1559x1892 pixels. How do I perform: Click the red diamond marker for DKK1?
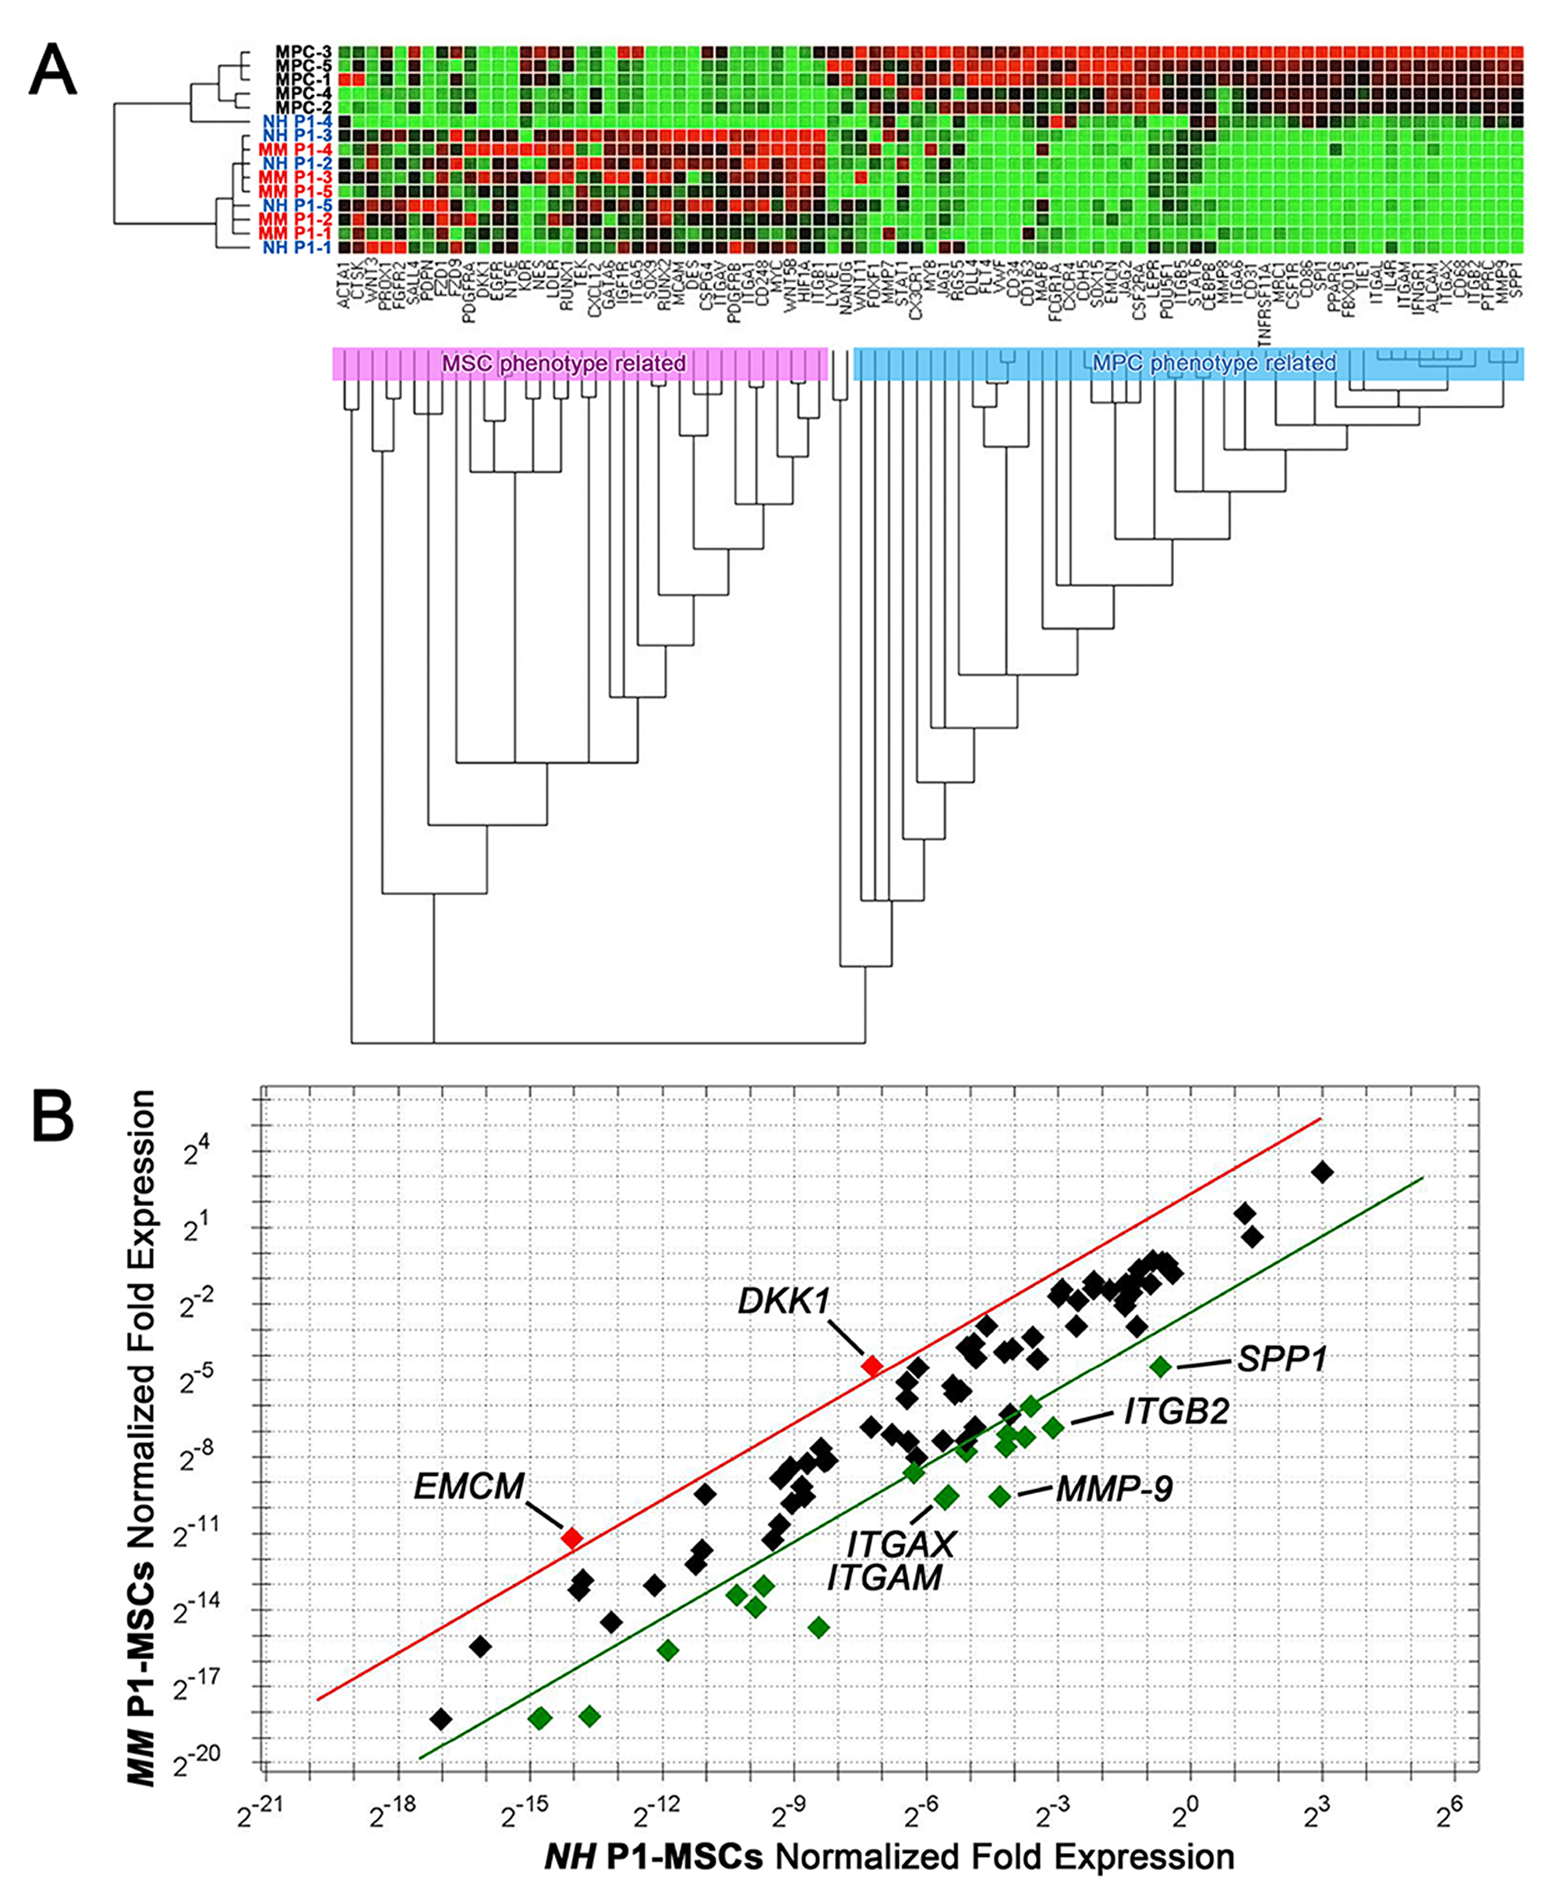(871, 1366)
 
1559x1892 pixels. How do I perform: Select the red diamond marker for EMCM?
(571, 1537)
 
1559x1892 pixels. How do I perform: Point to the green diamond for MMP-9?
(999, 1495)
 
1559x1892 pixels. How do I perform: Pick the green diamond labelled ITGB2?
(1052, 1427)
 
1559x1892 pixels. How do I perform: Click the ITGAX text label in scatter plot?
(901, 1545)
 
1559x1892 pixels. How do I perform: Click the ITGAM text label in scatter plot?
(885, 1578)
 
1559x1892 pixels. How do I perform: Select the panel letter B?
(53, 1116)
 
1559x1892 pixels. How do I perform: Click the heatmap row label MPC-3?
(303, 52)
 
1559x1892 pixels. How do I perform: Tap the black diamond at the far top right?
(1321, 1172)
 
